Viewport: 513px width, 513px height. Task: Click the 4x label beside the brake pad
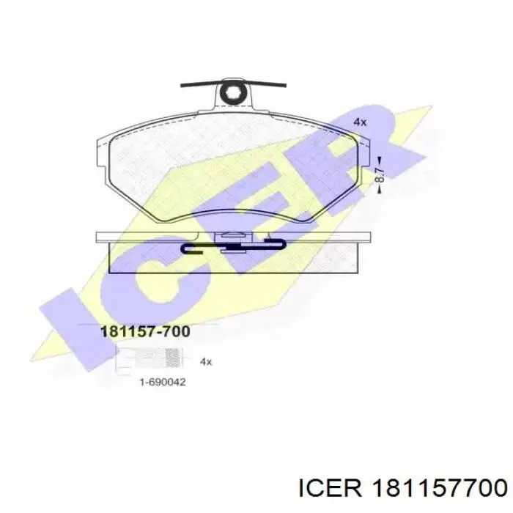tap(360, 122)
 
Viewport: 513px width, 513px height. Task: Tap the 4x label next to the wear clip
tap(206, 362)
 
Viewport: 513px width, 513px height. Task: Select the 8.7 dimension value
tap(379, 175)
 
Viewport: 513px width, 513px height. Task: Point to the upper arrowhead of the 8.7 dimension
tap(380, 160)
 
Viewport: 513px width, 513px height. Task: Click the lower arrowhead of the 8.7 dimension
tap(380, 189)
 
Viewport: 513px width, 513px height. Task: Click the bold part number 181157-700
tap(146, 331)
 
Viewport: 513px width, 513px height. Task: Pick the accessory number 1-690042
tap(163, 382)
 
